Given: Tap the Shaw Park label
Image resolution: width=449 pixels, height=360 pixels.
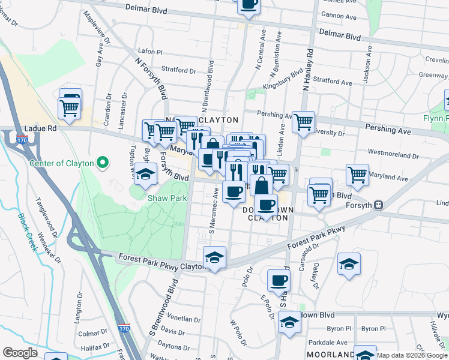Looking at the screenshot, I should click(167, 198).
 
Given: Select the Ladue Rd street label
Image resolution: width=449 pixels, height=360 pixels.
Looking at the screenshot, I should click(40, 128).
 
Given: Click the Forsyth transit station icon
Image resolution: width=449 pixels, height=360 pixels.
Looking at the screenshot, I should click(378, 205).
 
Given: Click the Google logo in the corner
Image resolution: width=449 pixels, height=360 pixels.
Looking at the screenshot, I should click(20, 353).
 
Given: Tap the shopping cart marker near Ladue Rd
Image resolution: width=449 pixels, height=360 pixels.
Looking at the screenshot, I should click(70, 108).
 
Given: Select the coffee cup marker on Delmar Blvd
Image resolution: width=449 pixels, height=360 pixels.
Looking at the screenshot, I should click(249, 4).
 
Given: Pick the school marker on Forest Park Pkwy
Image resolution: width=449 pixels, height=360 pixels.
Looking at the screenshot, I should click(215, 257).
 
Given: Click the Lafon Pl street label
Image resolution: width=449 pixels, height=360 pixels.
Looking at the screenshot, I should click(150, 52).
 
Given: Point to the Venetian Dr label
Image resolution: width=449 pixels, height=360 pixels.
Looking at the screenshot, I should click(183, 319).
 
